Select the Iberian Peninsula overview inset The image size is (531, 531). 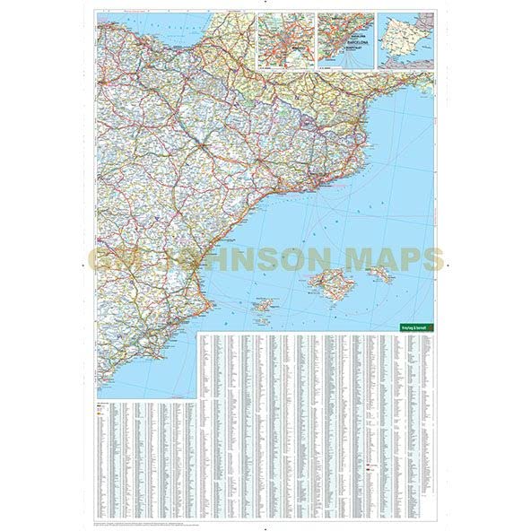pos(404,41)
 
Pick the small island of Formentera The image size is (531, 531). pos(266,318)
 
